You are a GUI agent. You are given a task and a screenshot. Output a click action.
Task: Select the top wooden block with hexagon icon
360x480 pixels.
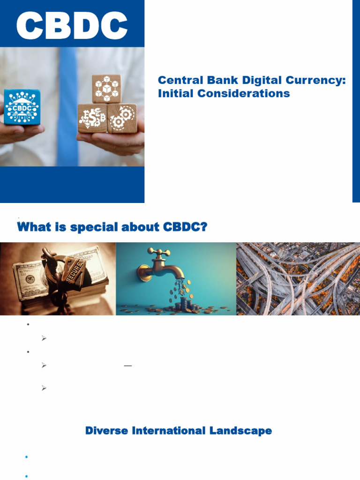(x=106, y=89)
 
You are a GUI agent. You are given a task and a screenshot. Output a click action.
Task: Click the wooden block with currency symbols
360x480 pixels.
(x=92, y=118)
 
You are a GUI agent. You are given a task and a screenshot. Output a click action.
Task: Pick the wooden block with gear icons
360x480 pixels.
(x=122, y=118)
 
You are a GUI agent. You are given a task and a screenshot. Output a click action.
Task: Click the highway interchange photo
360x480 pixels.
(x=298, y=278)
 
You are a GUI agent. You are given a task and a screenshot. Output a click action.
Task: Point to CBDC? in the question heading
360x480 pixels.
(x=185, y=227)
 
